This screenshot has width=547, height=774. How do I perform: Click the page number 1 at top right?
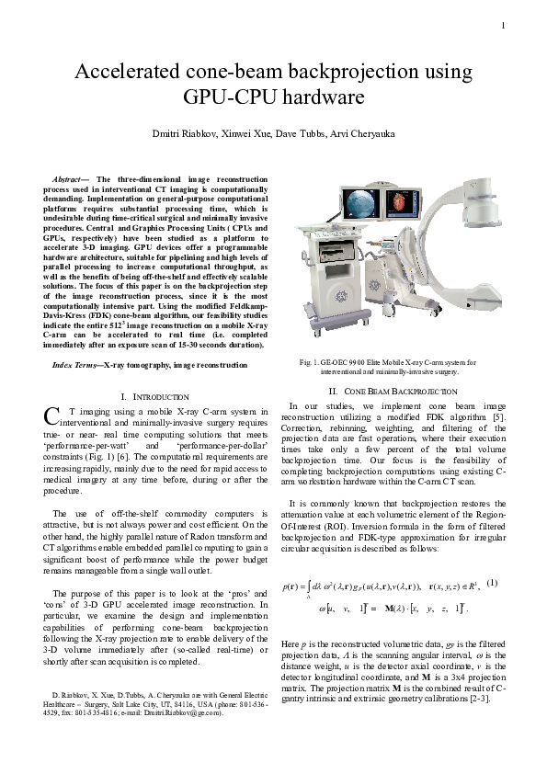(x=504, y=24)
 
